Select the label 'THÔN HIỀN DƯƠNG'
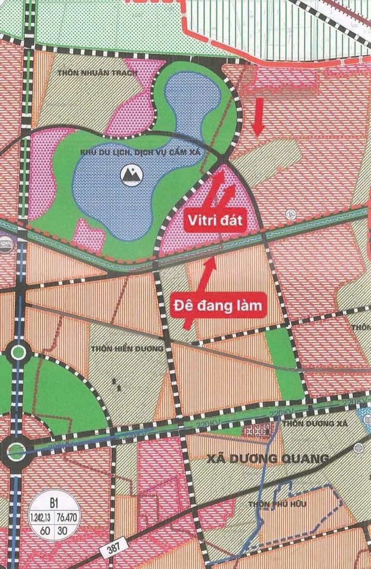127,349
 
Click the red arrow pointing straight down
259,116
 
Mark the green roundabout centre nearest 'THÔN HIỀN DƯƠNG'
19,353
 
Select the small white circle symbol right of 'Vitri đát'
289,212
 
